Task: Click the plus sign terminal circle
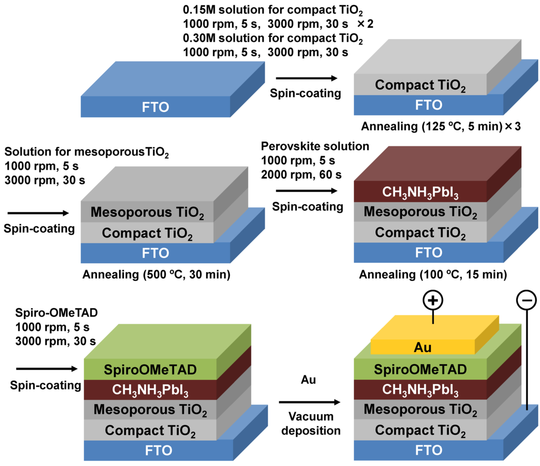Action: click(432, 301)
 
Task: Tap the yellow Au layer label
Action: click(423, 348)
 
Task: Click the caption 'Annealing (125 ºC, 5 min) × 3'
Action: click(433, 127)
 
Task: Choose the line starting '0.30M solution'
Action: click(273, 39)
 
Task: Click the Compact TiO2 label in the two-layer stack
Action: click(420, 85)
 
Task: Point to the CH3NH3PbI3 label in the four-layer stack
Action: click(420, 191)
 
